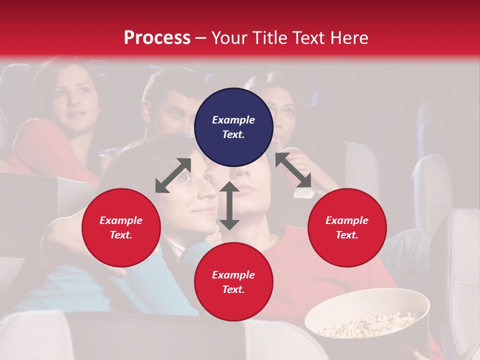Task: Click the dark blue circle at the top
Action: click(233, 127)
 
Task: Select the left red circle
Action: click(121, 227)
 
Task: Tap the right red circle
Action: click(347, 227)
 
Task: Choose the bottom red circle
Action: click(233, 282)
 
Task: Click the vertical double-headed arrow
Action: click(229, 205)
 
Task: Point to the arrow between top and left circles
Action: click(173, 175)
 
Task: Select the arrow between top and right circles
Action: click(293, 170)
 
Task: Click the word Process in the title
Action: click(157, 37)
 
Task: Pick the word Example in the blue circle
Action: click(233, 120)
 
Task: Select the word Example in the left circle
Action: click(121, 220)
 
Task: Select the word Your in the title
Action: click(229, 37)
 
